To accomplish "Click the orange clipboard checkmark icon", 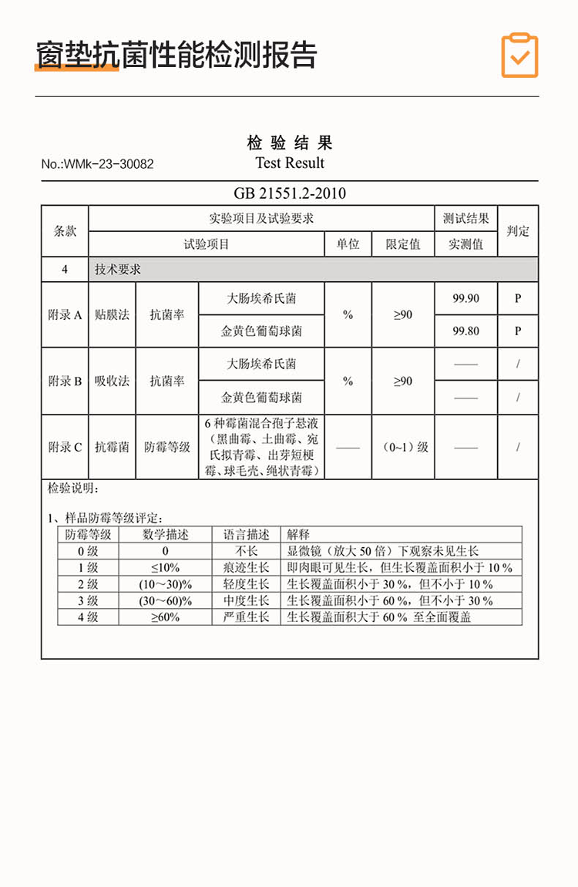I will (x=519, y=55).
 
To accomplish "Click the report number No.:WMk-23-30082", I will (x=97, y=164).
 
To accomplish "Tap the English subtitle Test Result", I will (x=290, y=163).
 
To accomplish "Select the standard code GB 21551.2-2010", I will (x=290, y=193).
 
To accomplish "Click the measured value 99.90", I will (x=465, y=299).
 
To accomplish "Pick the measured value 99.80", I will (x=465, y=331).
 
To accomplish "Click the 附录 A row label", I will (x=65, y=315).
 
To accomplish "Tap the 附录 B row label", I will (x=65, y=381).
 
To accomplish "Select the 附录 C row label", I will (x=65, y=447).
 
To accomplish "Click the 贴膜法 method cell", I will (x=112, y=315).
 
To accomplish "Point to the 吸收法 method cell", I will (x=112, y=381).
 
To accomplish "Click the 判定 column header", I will (x=518, y=231).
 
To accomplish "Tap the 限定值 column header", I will (x=403, y=245).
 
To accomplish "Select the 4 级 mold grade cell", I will (x=88, y=617).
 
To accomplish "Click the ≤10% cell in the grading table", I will (x=165, y=568).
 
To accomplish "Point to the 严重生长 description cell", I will (x=246, y=617).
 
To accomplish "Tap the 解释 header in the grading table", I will (x=298, y=534).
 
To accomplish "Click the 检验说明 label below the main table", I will (x=73, y=489).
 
